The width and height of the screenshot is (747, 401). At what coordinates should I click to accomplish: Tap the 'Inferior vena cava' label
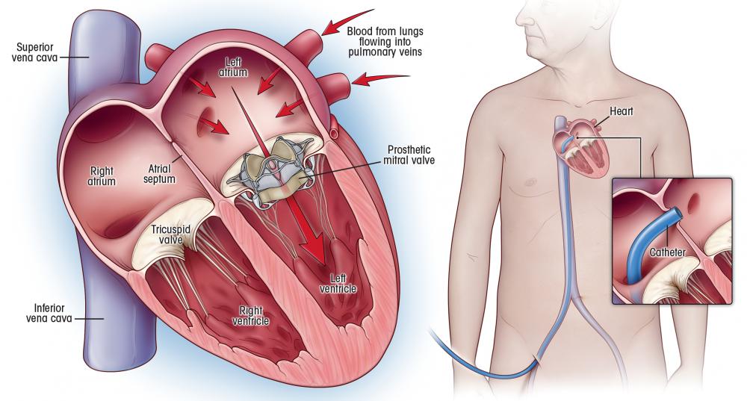49,313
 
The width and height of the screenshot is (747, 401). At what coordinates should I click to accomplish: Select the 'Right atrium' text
102,175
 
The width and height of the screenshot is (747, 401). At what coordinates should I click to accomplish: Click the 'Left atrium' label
233,67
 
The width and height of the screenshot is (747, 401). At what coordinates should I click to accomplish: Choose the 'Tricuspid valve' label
170,234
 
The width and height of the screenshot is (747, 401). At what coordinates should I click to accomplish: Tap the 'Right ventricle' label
250,316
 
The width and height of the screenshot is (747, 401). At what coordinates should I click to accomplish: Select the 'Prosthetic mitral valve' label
409,155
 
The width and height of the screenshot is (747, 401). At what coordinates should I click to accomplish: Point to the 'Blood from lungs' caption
385,31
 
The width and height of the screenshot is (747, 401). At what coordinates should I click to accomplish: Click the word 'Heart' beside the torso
622,111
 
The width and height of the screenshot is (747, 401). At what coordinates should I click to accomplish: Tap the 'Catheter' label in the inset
667,252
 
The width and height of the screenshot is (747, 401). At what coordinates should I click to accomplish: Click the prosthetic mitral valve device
270,172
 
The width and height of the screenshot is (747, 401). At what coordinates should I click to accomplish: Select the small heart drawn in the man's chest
581,152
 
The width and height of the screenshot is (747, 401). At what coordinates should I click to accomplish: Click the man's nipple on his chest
528,181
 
